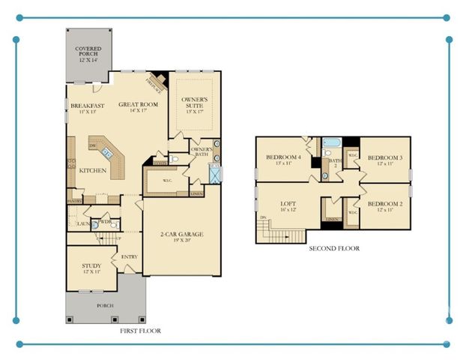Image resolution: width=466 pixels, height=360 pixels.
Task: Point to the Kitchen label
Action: [x=93, y=171]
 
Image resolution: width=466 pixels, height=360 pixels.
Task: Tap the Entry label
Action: [x=129, y=257]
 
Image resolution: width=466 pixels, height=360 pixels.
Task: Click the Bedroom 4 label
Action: [x=284, y=159]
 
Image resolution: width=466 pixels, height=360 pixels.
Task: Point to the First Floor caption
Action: [x=141, y=331]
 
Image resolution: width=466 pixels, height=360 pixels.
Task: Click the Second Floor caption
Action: [x=334, y=248]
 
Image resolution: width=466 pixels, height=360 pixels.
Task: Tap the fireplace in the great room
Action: [x=159, y=79]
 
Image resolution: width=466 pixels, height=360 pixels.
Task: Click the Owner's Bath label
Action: [x=202, y=152]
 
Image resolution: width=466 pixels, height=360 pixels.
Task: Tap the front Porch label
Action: [x=104, y=305]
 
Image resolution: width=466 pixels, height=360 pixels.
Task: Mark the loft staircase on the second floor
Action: [x=281, y=234]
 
